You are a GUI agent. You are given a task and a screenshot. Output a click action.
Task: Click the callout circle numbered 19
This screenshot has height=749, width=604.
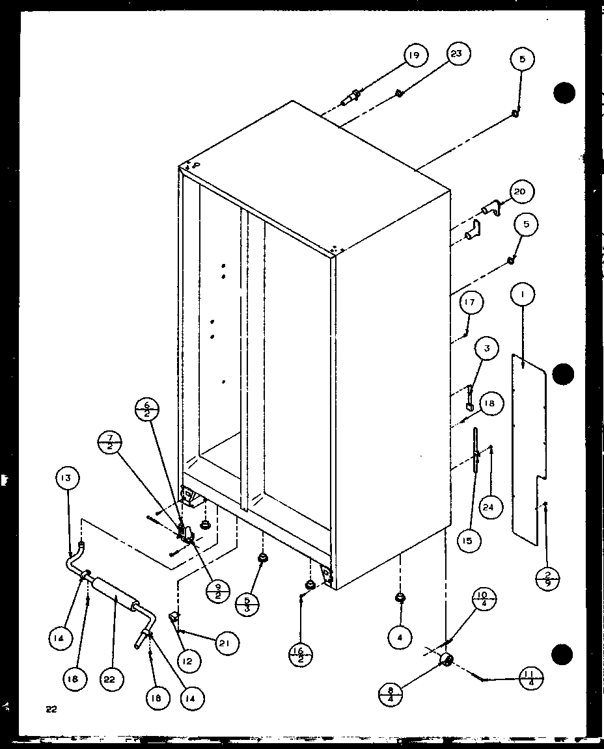pyautogui.click(x=413, y=57)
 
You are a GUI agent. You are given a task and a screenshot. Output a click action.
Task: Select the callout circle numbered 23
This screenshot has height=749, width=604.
pyautogui.click(x=456, y=54)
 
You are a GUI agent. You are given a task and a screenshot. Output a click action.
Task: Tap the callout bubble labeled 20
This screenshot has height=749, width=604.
pyautogui.click(x=519, y=192)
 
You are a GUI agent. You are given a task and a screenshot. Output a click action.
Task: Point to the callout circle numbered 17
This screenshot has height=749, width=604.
pyautogui.click(x=473, y=302)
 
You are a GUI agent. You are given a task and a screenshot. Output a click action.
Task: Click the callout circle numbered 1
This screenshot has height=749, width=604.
pyautogui.click(x=523, y=295)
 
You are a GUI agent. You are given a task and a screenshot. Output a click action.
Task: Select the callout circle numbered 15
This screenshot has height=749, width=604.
pyautogui.click(x=469, y=540)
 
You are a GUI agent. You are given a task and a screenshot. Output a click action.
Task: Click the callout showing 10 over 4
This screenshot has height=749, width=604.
pyautogui.click(x=485, y=598)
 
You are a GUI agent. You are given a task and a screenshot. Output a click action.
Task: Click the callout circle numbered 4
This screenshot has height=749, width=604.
pyautogui.click(x=400, y=638)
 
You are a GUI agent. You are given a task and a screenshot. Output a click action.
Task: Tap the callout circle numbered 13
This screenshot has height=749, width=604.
pyautogui.click(x=68, y=479)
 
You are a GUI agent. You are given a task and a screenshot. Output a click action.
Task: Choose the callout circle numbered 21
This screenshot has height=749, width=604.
pyautogui.click(x=226, y=643)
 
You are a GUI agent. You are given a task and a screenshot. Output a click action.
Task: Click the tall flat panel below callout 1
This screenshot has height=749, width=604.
pyautogui.click(x=527, y=449)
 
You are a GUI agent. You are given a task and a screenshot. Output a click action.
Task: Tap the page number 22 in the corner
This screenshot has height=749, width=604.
pyautogui.click(x=51, y=709)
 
